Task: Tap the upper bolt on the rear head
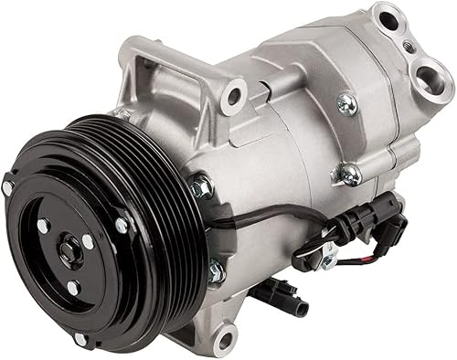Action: point(346,102)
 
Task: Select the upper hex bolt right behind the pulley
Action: point(200,188)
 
